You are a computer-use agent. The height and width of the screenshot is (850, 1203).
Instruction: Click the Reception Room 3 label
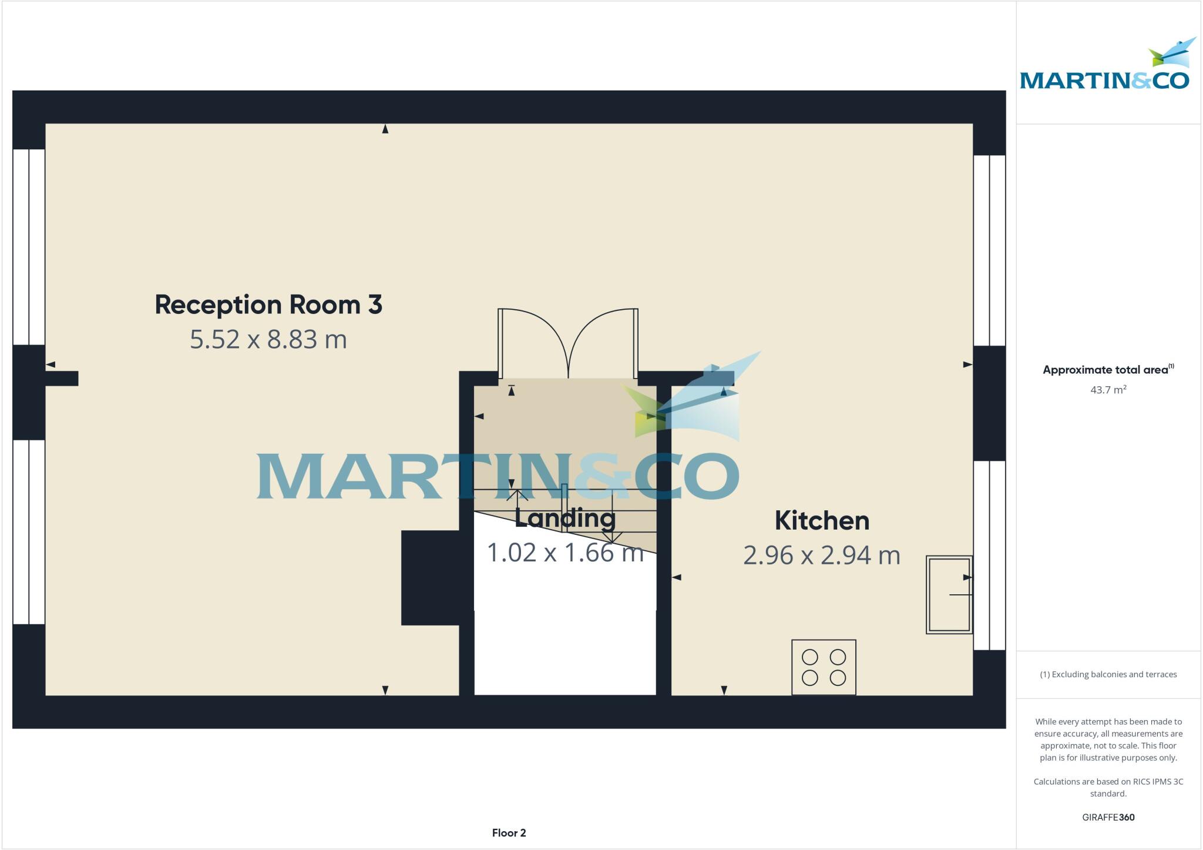(268, 304)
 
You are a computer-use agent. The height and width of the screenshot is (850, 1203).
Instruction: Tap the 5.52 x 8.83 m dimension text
(268, 340)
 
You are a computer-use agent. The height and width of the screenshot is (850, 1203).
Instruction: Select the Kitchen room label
(822, 521)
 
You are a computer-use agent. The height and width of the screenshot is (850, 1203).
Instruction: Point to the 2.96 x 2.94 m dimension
(822, 555)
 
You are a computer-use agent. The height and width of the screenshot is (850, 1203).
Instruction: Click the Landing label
(565, 518)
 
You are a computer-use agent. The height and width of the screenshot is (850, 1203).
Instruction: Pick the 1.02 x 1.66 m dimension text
(565, 553)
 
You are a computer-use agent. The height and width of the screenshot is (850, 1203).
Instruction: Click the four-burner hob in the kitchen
(824, 667)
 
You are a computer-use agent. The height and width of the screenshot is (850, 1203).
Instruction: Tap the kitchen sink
(949, 594)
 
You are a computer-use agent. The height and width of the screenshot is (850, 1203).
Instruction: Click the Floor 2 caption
(509, 833)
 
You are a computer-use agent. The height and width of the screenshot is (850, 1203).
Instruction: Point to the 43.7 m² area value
(1108, 390)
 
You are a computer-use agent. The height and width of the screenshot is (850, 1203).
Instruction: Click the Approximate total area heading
(1108, 370)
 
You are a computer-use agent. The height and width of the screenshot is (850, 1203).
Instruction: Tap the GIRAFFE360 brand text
(1108, 817)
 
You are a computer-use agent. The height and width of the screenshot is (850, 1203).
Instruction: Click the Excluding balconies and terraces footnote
(1108, 674)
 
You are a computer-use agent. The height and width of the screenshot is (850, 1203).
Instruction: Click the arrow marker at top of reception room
(385, 129)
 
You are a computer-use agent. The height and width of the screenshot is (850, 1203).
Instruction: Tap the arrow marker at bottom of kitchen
(724, 690)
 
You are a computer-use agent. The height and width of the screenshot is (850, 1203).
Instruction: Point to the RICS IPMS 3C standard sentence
(1108, 788)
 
